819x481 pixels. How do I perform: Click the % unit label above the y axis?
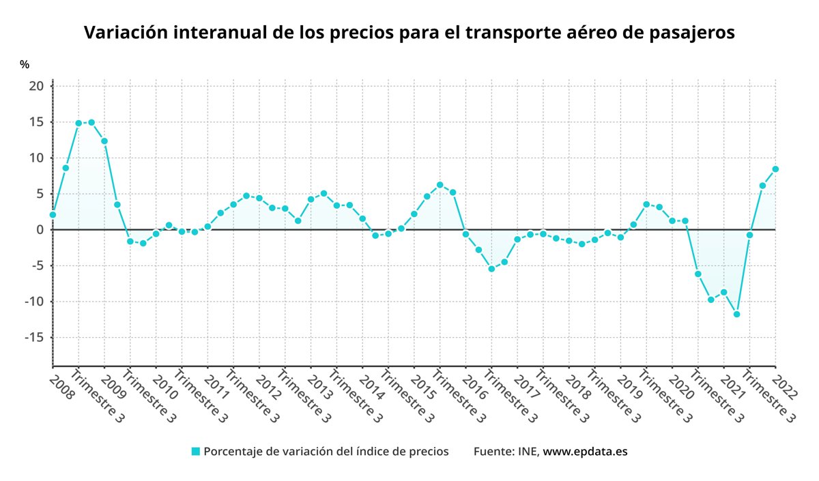(25, 64)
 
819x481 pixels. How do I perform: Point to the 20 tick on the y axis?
(36, 86)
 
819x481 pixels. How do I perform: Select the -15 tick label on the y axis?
(33, 338)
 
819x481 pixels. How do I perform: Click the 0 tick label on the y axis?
(40, 230)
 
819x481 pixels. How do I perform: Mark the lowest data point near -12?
(736, 315)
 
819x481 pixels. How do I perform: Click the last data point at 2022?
(775, 169)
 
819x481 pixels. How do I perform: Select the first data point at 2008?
(53, 215)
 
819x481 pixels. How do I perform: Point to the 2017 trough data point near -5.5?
(491, 269)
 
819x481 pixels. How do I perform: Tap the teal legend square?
(196, 452)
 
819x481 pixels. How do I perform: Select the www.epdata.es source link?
(585, 452)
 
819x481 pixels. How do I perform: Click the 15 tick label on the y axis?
(36, 122)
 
